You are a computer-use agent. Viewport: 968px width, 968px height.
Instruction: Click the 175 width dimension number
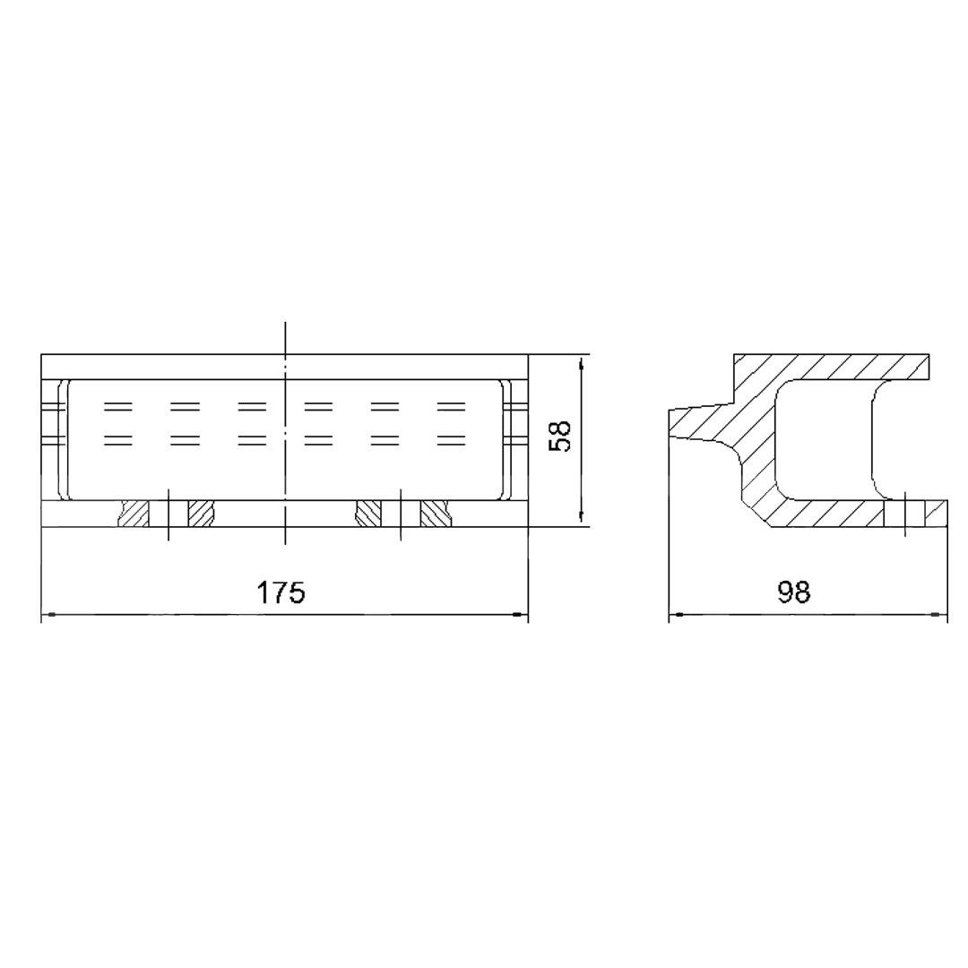point(281,592)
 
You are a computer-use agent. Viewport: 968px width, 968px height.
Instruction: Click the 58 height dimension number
point(560,436)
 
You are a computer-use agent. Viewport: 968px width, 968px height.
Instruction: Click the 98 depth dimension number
point(794,592)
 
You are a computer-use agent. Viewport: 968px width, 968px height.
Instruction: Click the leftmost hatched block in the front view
point(134,514)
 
